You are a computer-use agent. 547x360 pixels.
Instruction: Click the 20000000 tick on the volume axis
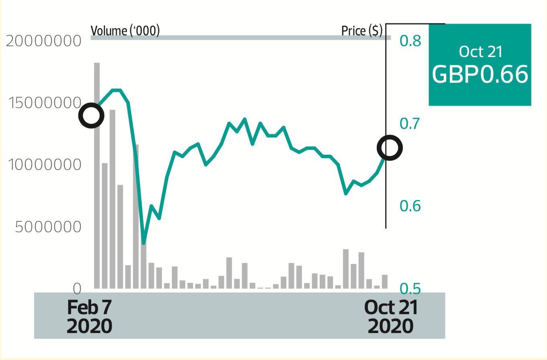[43, 41]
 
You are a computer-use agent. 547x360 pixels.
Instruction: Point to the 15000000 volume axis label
[45, 103]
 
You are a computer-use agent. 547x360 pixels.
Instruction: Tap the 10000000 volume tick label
[45, 165]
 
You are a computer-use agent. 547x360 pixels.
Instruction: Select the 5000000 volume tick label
[48, 227]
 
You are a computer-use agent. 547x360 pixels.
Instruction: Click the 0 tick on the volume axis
[77, 288]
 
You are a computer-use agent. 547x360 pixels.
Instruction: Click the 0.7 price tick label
[410, 123]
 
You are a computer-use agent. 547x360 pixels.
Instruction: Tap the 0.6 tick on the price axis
[410, 206]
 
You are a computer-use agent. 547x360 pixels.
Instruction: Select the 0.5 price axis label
[410, 288]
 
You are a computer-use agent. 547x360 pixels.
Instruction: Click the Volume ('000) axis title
[125, 31]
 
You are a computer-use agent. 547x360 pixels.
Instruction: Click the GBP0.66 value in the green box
[480, 74]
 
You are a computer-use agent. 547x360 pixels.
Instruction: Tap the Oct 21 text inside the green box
[480, 51]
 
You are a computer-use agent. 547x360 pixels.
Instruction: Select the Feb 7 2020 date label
[89, 317]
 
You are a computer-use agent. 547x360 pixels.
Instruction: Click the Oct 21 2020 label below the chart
[391, 317]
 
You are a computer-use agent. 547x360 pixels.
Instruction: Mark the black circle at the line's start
[92, 116]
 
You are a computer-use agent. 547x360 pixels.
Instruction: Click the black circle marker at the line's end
[390, 148]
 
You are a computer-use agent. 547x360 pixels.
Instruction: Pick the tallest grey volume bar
[97, 175]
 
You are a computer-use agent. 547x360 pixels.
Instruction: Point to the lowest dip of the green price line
[144, 243]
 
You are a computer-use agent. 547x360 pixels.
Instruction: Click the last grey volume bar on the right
[385, 282]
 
